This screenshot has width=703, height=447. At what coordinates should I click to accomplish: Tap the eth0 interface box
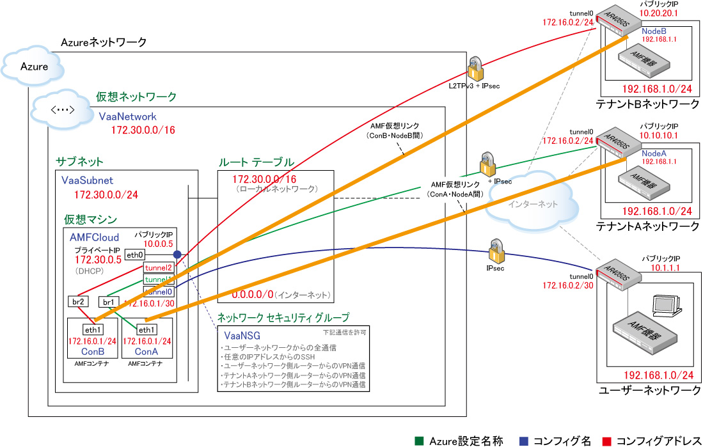[x=134, y=255]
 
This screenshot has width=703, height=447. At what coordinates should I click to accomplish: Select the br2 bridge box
[x=77, y=301]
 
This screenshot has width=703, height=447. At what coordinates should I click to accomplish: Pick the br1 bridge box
[x=107, y=301]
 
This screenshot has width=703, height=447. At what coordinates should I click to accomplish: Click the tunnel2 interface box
[x=159, y=267]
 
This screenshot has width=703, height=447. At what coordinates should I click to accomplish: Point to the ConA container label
[x=146, y=352]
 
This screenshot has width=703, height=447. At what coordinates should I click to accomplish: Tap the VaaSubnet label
[x=88, y=181]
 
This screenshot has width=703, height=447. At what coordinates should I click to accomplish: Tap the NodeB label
[x=654, y=30]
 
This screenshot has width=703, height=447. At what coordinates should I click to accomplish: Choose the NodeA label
[x=654, y=153]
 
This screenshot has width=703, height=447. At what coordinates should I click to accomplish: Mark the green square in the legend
[x=419, y=441]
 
